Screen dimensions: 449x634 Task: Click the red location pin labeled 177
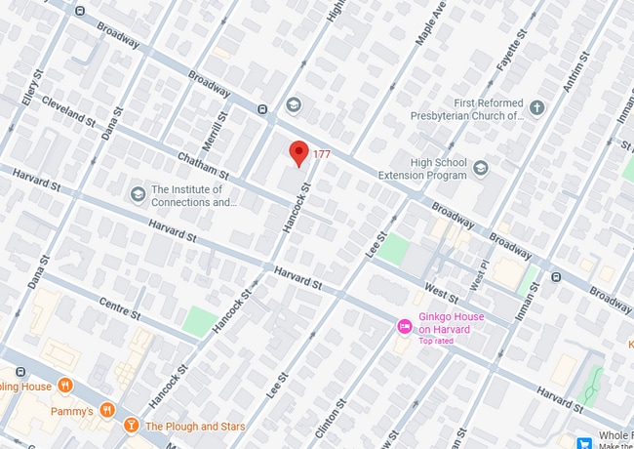(299, 153)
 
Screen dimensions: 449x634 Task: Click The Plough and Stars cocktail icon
(130, 426)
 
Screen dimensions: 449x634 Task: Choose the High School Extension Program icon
(480, 169)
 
